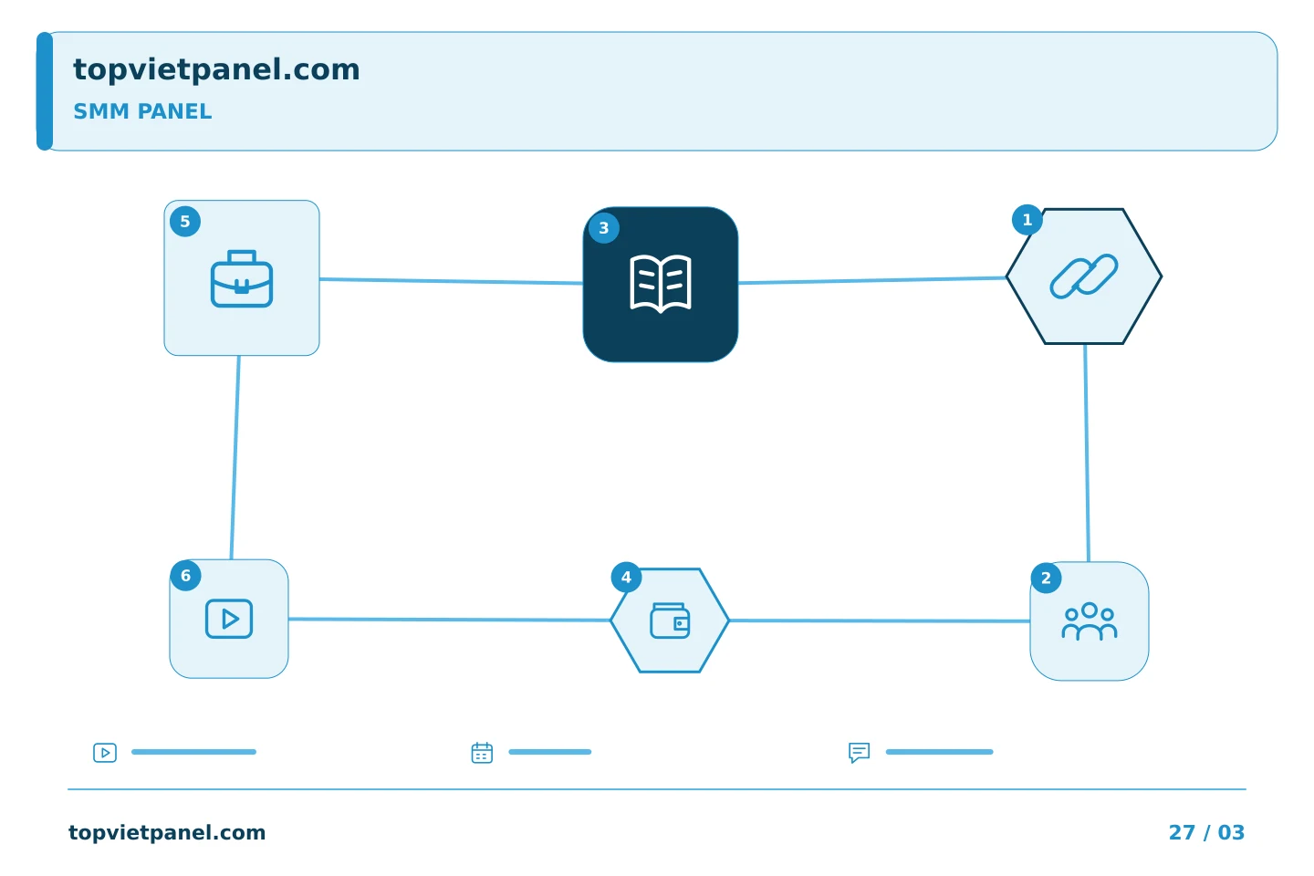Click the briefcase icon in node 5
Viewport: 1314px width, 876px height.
point(242,278)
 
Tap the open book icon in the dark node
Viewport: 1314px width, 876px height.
point(661,284)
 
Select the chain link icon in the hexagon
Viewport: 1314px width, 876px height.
point(1084,276)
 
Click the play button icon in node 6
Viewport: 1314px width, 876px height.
point(229,619)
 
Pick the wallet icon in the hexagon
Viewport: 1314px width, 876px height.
point(670,620)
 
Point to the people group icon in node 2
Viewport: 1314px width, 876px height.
point(1090,621)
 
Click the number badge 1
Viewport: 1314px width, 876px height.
point(1027,220)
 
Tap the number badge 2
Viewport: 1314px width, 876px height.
point(1046,578)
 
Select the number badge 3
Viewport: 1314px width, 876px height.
point(604,228)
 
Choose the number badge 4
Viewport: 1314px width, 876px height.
point(626,578)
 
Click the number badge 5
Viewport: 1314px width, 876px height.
point(184,222)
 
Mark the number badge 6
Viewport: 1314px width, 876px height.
point(185,576)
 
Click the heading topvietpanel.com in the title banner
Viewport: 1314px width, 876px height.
point(216,70)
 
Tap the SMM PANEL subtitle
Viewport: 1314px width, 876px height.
point(142,111)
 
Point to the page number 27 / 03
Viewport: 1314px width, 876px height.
point(1206,832)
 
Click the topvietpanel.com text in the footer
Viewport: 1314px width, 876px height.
point(167,833)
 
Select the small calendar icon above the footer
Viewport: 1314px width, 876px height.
point(482,753)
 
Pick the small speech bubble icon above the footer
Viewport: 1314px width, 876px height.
point(859,753)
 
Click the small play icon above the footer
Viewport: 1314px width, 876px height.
point(105,753)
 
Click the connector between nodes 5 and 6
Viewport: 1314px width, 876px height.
point(235,458)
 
